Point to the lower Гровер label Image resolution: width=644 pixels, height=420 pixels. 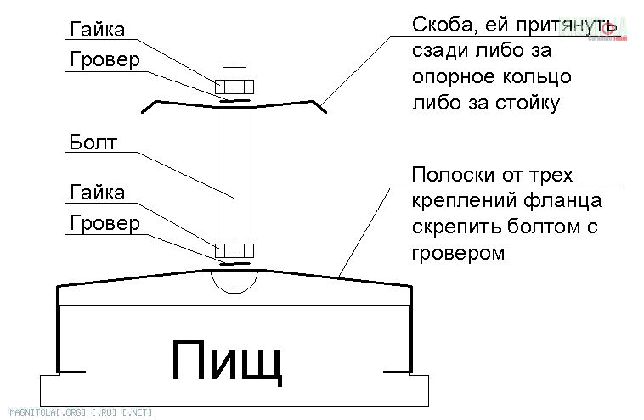(x=104, y=225)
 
